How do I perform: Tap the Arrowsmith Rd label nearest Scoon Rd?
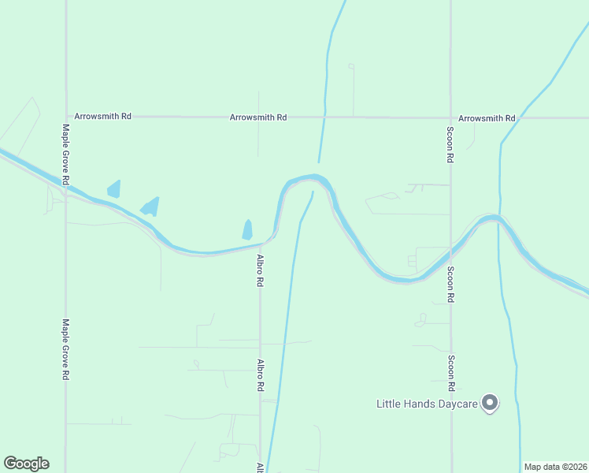point(487,117)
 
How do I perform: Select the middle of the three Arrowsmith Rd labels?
point(258,117)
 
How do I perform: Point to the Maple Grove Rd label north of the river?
point(66,155)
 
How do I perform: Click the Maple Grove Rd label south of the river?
point(66,349)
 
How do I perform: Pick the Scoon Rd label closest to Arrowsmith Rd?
point(450,144)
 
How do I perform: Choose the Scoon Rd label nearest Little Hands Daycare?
point(451,374)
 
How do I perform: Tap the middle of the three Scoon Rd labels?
point(451,284)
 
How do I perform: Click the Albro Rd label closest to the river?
point(260,270)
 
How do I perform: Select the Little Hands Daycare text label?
point(427,404)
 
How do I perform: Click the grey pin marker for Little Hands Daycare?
point(491,403)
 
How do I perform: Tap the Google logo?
point(26,464)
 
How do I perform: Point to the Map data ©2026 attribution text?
point(555,467)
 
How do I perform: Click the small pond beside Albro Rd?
point(247,229)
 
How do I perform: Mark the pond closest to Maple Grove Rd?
point(114,189)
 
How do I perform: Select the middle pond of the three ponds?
point(150,207)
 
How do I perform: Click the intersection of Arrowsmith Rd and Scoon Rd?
point(450,117)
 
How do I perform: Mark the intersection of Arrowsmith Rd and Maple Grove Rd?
point(65,116)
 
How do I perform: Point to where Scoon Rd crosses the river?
point(450,254)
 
